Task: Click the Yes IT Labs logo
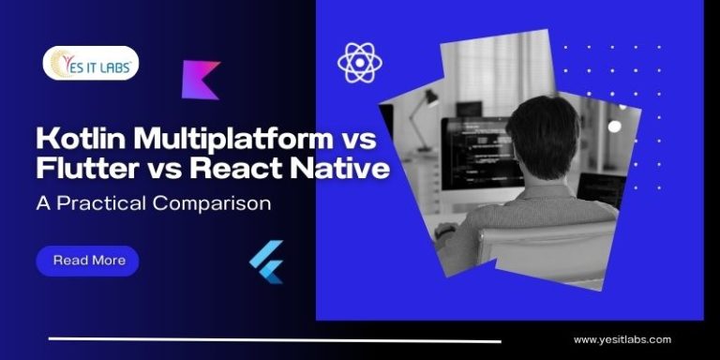[x=91, y=64]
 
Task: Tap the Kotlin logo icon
[x=201, y=80]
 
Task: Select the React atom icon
[x=360, y=63]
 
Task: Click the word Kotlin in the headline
[x=76, y=142]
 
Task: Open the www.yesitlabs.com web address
[x=622, y=339]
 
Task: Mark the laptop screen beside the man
[x=601, y=178]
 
